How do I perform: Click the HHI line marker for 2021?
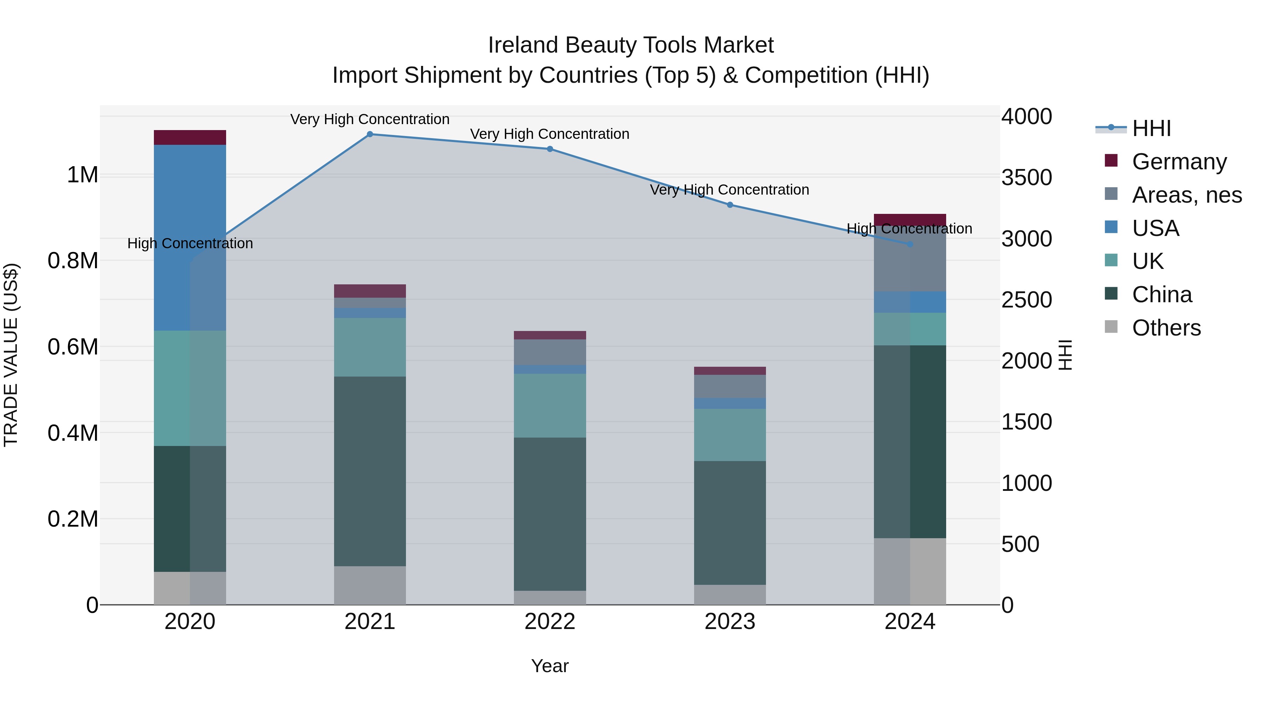(x=370, y=134)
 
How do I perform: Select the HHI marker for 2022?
(x=550, y=149)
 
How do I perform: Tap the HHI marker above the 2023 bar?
(x=730, y=205)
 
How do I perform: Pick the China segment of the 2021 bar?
(x=370, y=471)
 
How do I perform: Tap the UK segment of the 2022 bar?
(x=550, y=405)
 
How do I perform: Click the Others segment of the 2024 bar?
(x=910, y=571)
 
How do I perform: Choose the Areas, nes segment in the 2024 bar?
(x=910, y=260)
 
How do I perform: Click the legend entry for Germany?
(x=1179, y=162)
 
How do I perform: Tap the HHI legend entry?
(x=1151, y=128)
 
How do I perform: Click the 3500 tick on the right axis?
(x=1026, y=177)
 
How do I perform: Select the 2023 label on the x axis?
(x=730, y=622)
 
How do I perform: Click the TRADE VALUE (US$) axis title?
(x=11, y=355)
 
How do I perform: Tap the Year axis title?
(x=550, y=666)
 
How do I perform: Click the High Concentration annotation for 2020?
(x=190, y=244)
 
